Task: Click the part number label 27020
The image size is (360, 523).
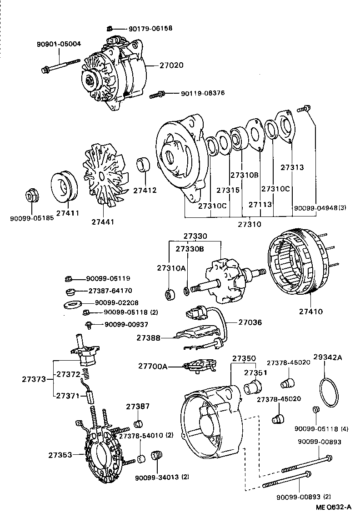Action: (171, 65)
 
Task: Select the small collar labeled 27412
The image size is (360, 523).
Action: (145, 166)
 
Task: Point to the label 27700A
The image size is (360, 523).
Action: (153, 366)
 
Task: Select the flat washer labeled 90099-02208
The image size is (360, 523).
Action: (72, 303)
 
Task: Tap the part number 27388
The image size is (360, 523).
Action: (148, 338)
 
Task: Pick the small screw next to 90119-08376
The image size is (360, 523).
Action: (157, 95)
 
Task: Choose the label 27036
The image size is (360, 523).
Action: (250, 322)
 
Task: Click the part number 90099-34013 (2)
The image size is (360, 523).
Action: (162, 477)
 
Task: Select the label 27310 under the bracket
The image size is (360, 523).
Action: (250, 224)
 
